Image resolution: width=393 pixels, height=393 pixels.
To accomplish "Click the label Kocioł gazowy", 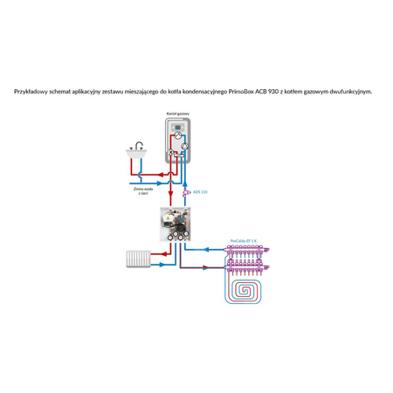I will pos(178,114).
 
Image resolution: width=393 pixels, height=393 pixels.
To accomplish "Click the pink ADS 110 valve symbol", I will pos(186,191).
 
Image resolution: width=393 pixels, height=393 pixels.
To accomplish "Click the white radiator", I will pos(140,259).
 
